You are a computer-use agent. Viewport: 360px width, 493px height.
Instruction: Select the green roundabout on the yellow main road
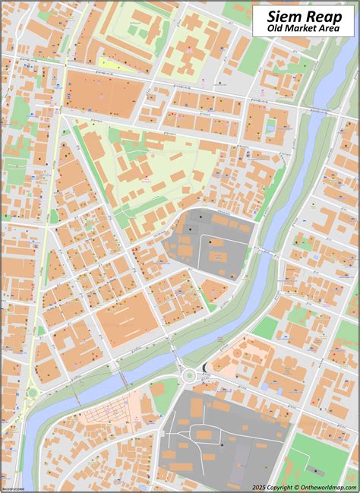coord(32,393)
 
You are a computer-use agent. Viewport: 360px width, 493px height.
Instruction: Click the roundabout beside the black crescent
coord(188,373)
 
